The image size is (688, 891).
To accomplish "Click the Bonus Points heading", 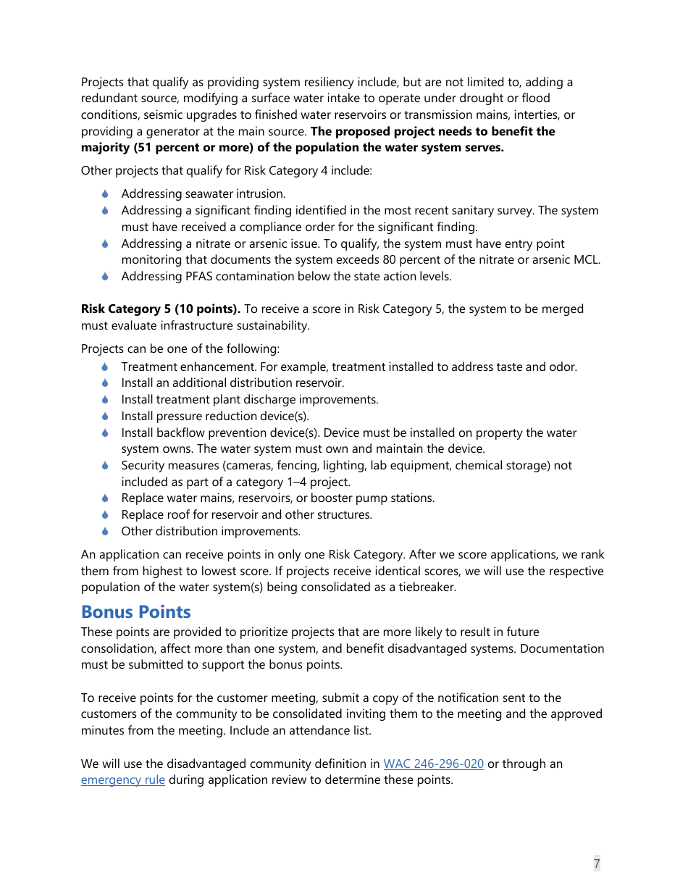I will pyautogui.click(x=135, y=612).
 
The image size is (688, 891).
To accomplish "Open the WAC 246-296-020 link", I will pyautogui.click(x=433, y=764).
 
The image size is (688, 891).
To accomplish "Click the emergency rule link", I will pyautogui.click(x=122, y=780).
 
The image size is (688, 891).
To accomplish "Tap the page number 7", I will pyautogui.click(x=597, y=863).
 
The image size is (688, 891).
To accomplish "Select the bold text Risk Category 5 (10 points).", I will pyautogui.click(x=161, y=309).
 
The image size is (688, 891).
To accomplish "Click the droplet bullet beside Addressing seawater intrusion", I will pyautogui.click(x=105, y=193).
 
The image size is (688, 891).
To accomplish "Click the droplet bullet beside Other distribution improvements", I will pyautogui.click(x=105, y=531).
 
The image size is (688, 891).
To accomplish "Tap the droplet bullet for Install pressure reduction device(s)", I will pyautogui.click(x=105, y=416).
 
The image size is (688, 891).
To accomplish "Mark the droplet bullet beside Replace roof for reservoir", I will pyautogui.click(x=105, y=514).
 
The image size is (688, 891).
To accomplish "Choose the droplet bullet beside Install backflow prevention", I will pyautogui.click(x=105, y=432).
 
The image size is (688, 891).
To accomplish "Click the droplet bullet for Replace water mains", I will pyautogui.click(x=105, y=498).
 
